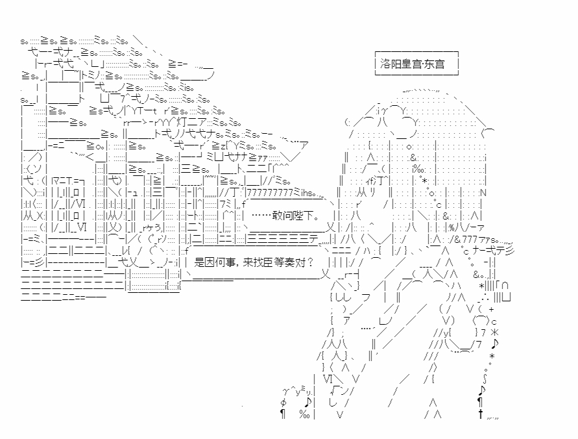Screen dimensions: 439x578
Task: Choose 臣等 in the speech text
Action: click(x=276, y=262)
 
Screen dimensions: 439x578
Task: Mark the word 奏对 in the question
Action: click(x=298, y=262)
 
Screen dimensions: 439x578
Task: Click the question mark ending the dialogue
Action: click(x=311, y=262)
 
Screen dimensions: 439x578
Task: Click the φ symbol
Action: click(x=283, y=401)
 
